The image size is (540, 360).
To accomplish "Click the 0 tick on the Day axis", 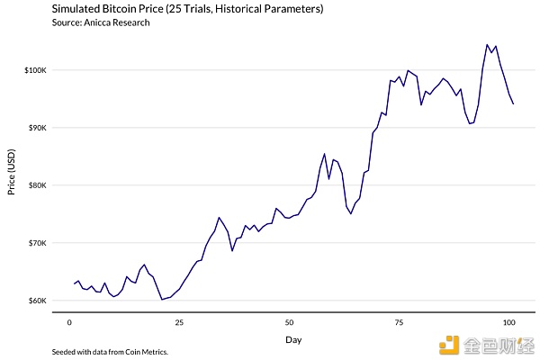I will click(69, 320).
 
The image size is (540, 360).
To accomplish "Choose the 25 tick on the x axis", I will click(179, 320).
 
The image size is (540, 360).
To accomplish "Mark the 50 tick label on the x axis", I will click(289, 320).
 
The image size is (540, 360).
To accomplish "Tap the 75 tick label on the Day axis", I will click(399, 320).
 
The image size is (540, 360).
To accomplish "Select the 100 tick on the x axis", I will click(508, 320).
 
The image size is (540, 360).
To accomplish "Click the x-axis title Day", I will click(293, 340).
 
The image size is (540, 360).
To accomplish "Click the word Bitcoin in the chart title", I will click(125, 9).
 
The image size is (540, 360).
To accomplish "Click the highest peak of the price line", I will click(487, 44).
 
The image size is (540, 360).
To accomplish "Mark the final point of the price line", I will click(513, 104).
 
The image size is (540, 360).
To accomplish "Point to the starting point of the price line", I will click(74, 283).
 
